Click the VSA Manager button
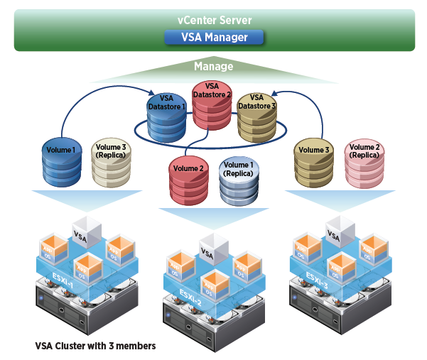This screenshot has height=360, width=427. tap(214, 37)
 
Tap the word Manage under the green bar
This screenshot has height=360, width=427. tap(214, 67)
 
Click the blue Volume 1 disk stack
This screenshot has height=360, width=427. tap(61, 160)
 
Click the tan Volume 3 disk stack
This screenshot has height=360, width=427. tap(314, 160)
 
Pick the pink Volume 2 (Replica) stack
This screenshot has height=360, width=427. tap(364, 160)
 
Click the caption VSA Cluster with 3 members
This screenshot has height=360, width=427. tap(95, 346)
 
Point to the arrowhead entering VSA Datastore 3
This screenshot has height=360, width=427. tap(274, 93)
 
